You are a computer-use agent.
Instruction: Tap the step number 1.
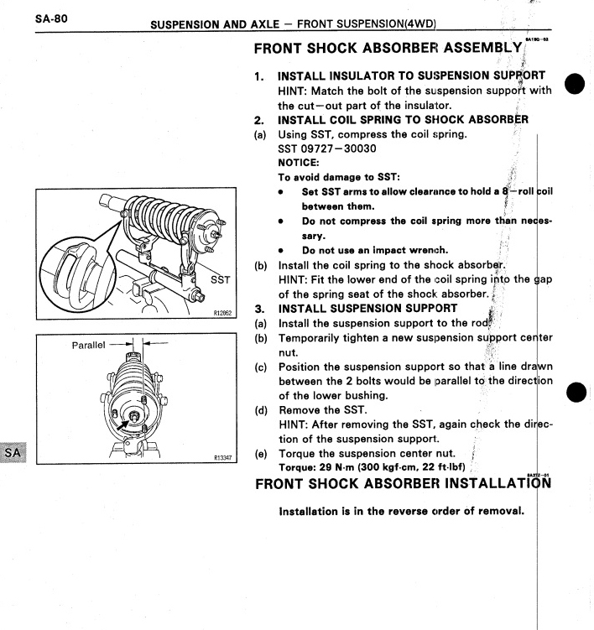pos(260,76)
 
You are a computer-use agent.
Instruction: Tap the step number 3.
pos(260,307)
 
